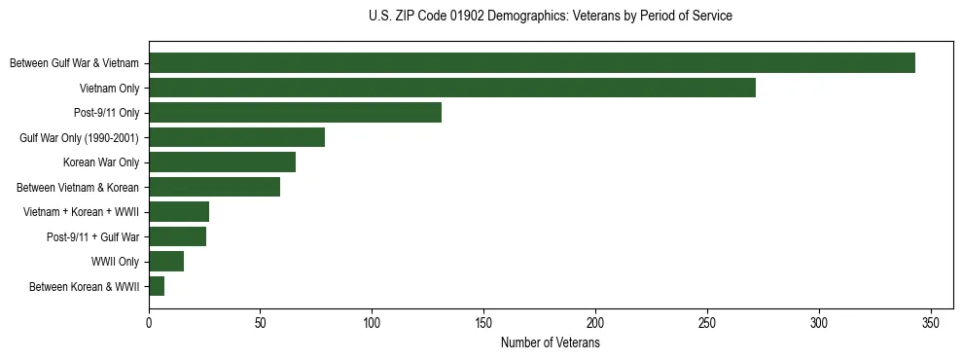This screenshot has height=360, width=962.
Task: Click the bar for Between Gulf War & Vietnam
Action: [x=532, y=63]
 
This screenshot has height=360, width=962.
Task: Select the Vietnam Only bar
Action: [x=452, y=88]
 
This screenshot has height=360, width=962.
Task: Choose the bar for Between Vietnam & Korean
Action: [x=214, y=187]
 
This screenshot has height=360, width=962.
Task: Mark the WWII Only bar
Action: [x=166, y=262]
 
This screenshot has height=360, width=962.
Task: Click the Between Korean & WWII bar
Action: [x=157, y=286]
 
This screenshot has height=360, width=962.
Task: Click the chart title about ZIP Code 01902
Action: [x=551, y=17]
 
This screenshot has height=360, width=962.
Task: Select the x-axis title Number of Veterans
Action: [x=551, y=343]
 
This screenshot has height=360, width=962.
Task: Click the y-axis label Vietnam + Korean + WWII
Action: [x=82, y=212]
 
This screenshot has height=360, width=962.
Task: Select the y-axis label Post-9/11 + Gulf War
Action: [x=93, y=236]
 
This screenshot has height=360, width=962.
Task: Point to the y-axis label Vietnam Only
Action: [x=110, y=88]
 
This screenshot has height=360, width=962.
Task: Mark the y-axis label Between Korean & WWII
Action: [x=85, y=286]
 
